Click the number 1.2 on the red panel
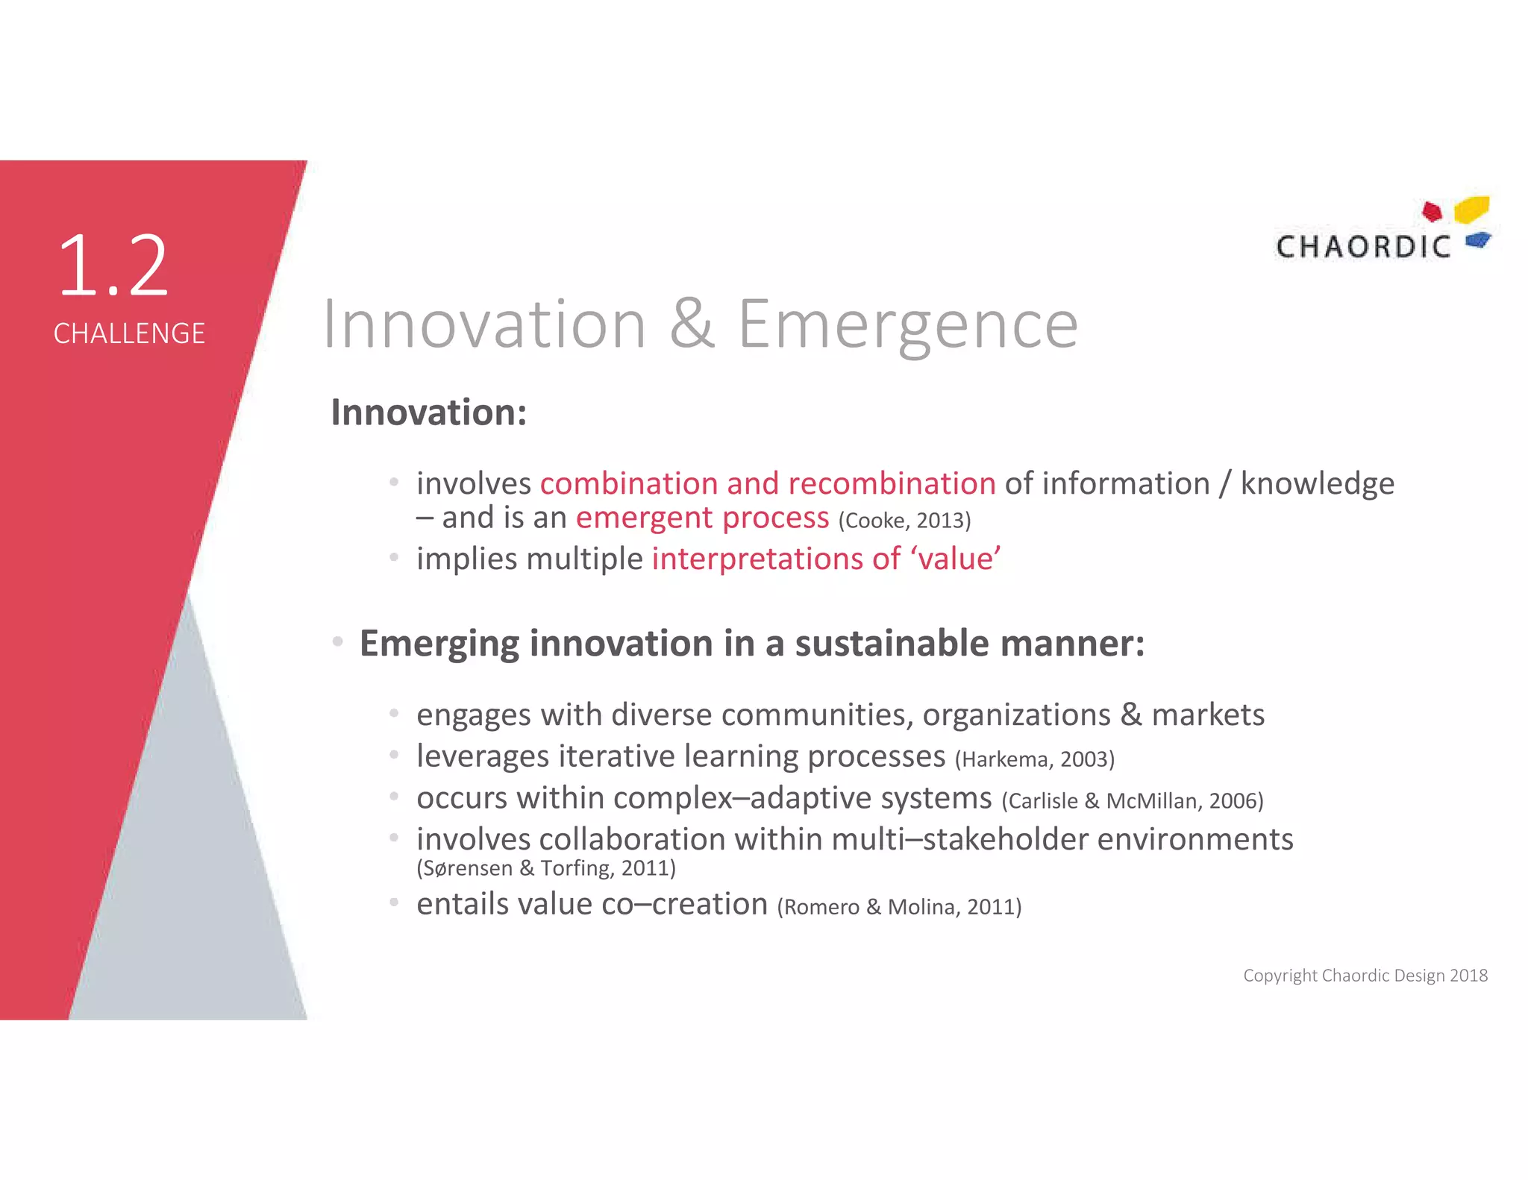click(113, 266)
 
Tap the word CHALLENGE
click(129, 333)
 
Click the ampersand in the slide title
click(692, 324)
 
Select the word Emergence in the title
click(908, 325)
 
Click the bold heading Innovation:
click(429, 412)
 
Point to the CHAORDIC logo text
click(1363, 247)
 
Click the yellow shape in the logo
click(1472, 209)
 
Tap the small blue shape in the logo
click(1477, 240)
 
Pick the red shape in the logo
click(1432, 212)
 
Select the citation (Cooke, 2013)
click(904, 521)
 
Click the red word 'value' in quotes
click(956, 559)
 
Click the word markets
click(1208, 715)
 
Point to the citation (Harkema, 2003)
click(1035, 759)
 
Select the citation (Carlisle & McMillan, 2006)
click(1133, 801)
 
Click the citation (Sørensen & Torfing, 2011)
click(546, 868)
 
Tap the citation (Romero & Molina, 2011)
click(899, 907)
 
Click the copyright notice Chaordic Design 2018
click(1365, 976)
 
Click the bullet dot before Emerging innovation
click(338, 642)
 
